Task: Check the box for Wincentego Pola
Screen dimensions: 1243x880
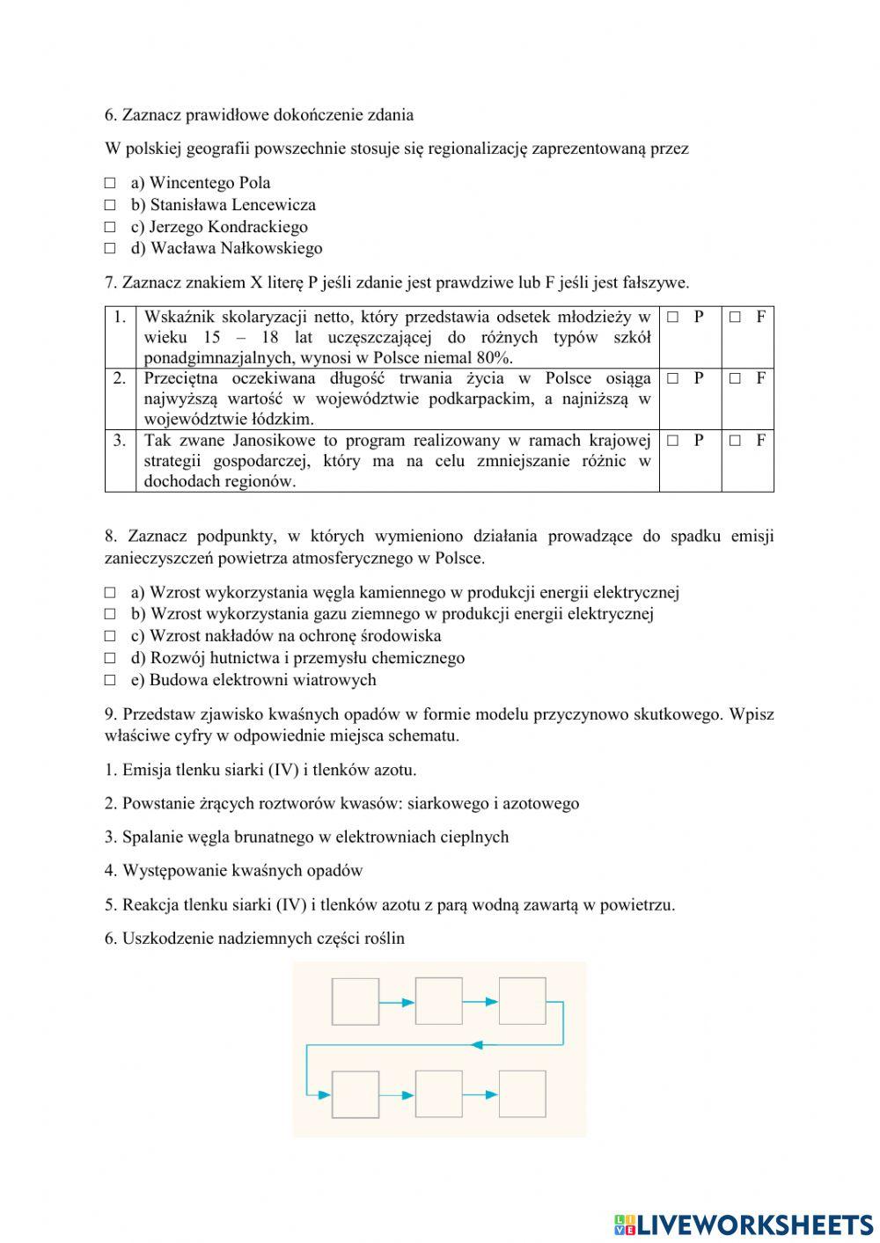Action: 110,183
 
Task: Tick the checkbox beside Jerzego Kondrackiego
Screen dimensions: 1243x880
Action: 110,227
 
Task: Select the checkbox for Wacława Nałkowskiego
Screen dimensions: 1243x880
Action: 110,249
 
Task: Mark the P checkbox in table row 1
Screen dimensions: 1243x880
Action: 672,317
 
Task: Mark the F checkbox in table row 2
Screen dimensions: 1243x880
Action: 735,379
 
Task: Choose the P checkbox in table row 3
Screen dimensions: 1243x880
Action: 672,441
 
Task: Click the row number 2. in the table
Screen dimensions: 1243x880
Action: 120,379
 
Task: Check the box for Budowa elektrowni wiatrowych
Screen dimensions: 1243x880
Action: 110,680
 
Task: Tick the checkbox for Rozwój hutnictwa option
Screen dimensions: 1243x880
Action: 110,658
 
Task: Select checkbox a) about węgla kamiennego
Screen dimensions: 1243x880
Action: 110,593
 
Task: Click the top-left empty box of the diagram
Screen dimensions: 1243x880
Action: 356,1001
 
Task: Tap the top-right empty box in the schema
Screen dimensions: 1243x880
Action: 522,1001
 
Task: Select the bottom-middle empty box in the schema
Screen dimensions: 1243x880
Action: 438,1094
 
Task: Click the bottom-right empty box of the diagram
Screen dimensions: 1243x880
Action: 522,1094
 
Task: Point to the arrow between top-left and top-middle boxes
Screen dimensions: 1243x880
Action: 397,1002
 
